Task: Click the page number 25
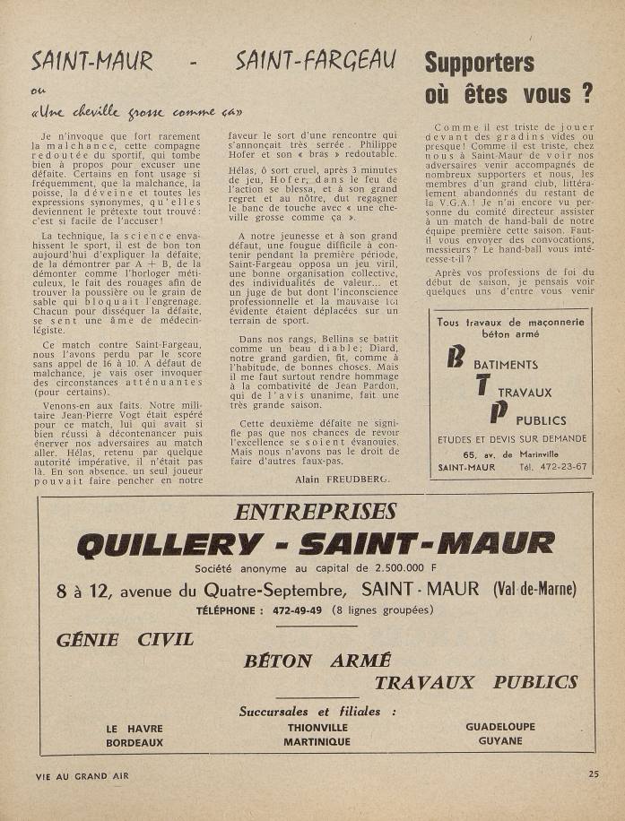click(595, 773)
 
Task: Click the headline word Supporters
click(479, 63)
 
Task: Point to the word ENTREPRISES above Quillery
click(315, 512)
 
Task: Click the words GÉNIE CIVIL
click(125, 640)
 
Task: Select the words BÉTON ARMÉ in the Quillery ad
click(317, 661)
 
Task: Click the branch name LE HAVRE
click(135, 728)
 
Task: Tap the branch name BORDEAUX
click(135, 742)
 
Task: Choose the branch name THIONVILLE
click(317, 728)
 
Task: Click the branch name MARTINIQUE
click(317, 742)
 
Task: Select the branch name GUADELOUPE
click(500, 727)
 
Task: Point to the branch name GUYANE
click(500, 741)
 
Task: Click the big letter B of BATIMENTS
click(455, 357)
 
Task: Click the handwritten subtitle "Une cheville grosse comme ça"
click(138, 114)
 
